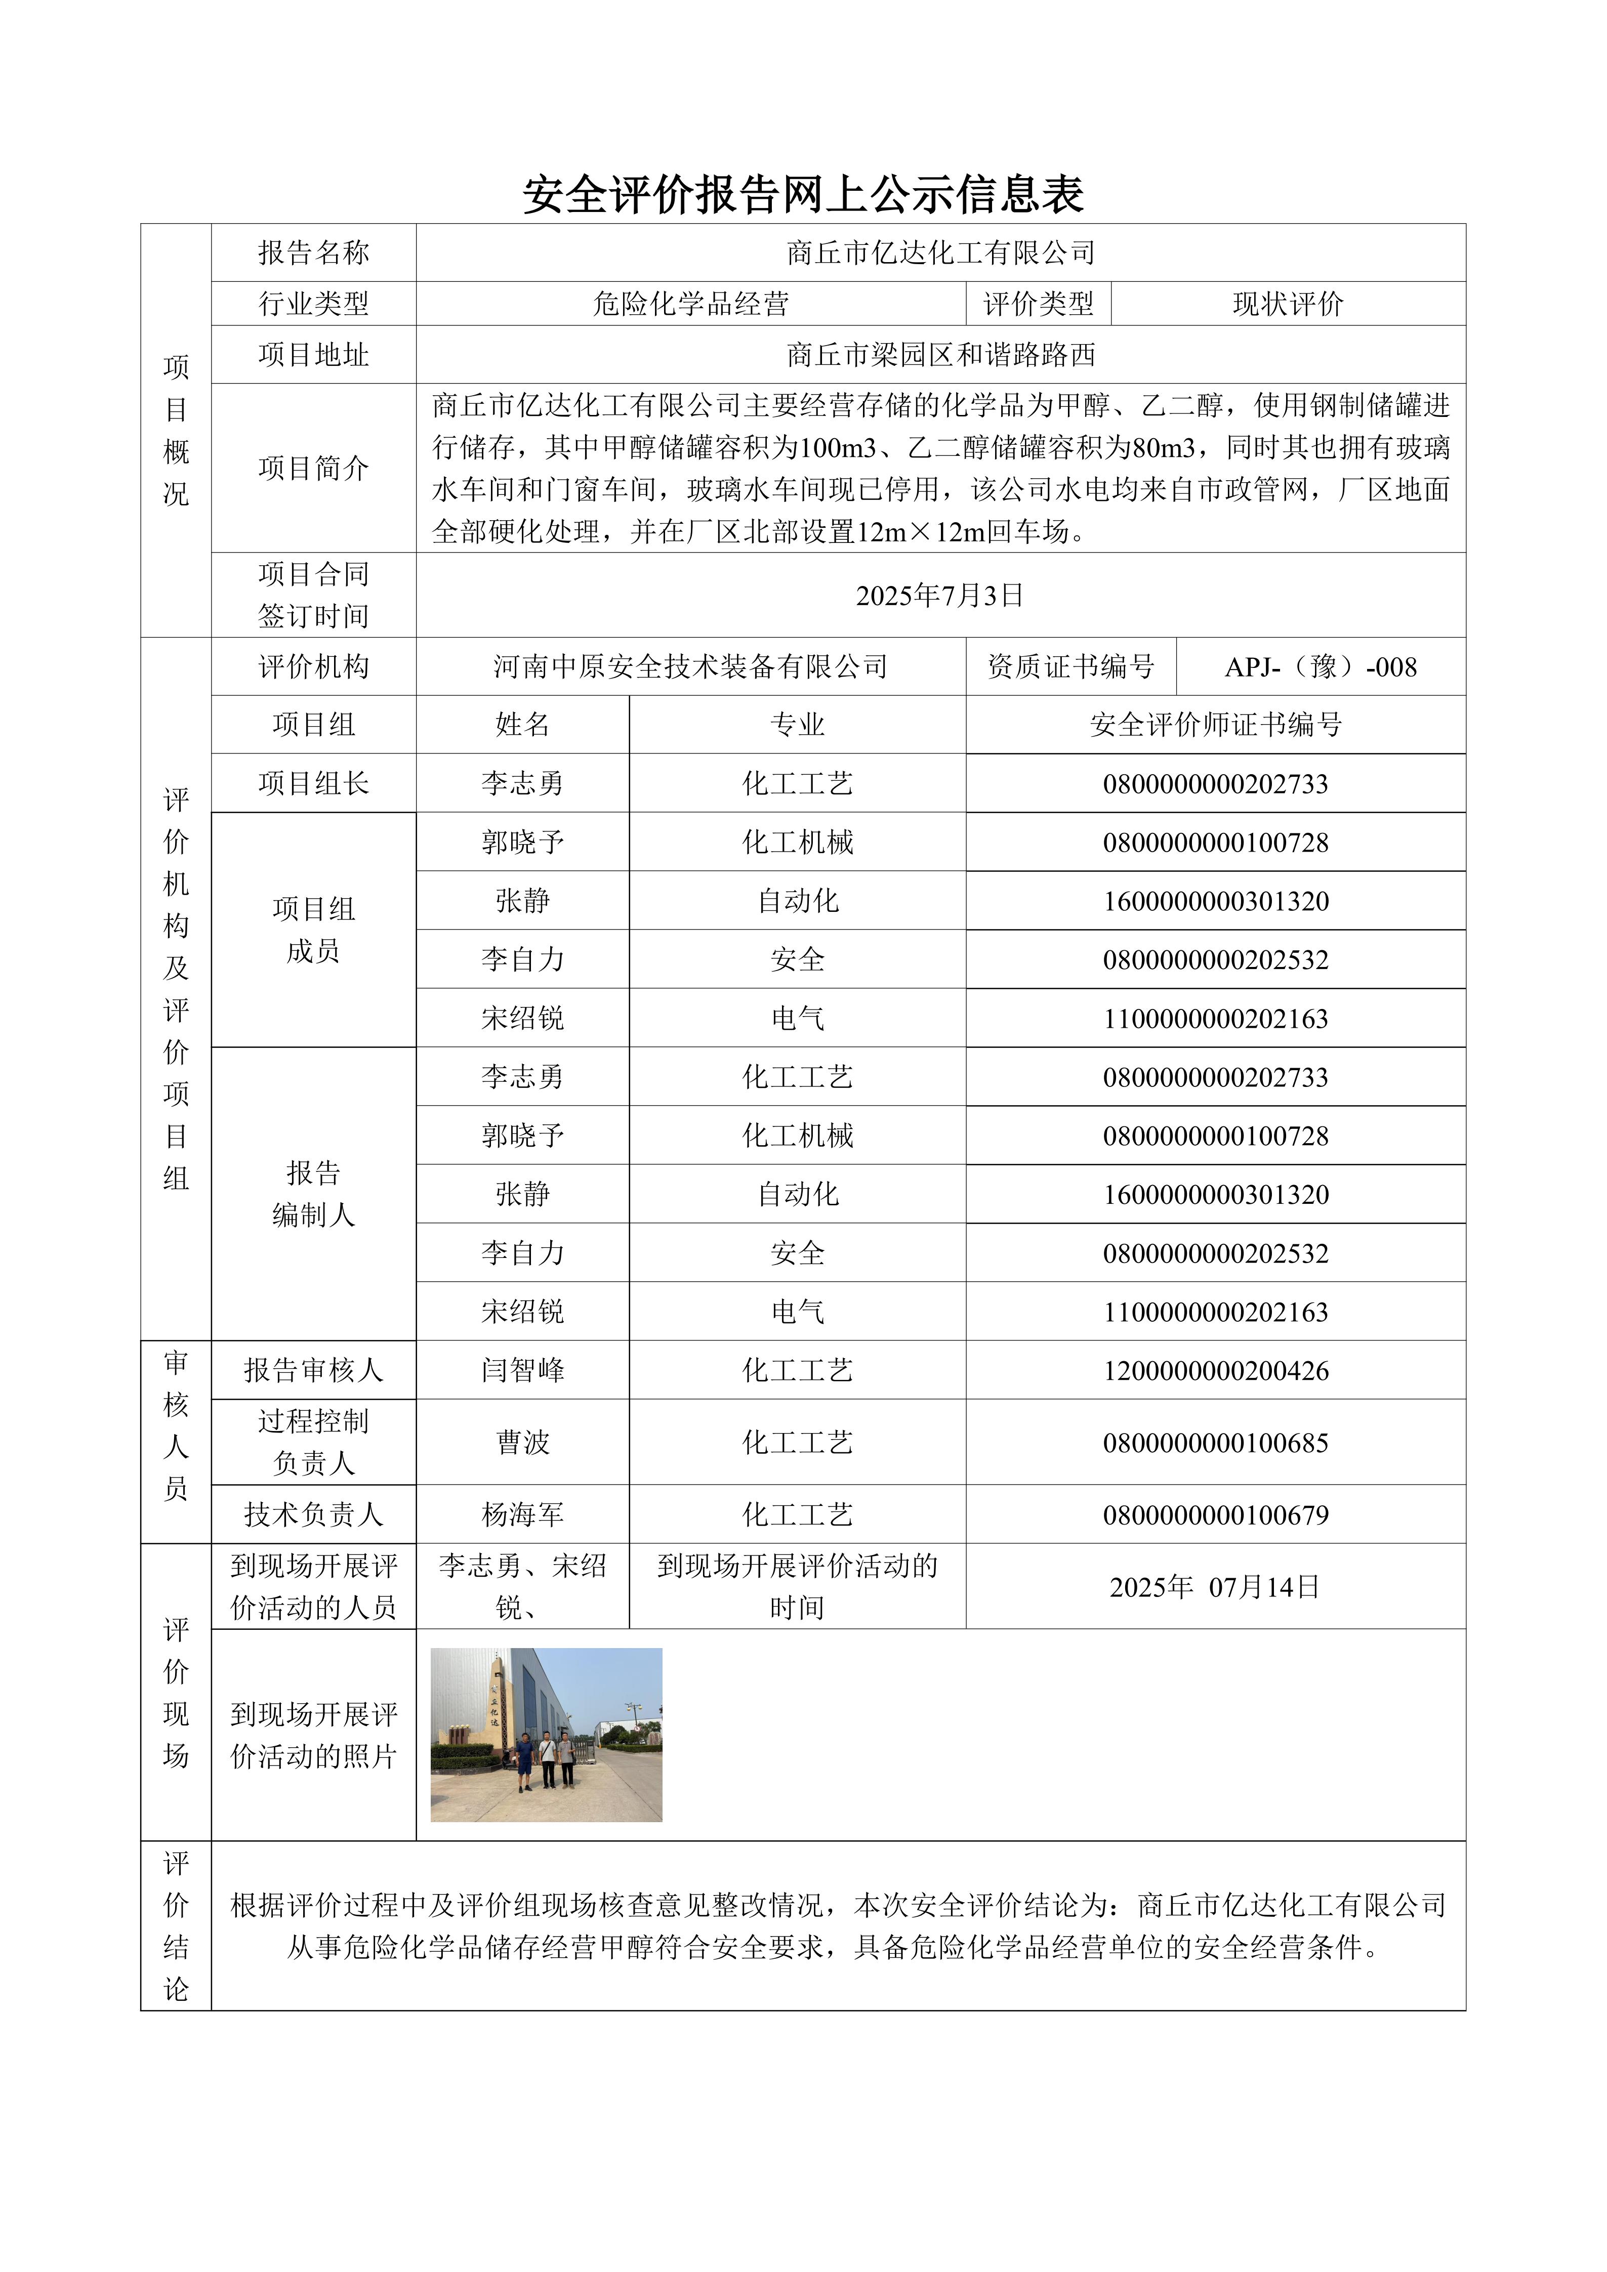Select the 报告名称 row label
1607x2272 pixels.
click(314, 254)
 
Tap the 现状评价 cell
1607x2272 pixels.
click(1288, 304)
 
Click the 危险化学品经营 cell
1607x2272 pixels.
click(691, 304)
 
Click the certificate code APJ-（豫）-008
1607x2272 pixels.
click(1320, 667)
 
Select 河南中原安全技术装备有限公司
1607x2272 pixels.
click(691, 667)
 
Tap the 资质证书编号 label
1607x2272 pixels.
click(1070, 667)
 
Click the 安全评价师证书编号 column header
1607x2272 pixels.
click(1215, 725)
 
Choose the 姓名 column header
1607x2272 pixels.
click(522, 725)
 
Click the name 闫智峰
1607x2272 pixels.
click(522, 1370)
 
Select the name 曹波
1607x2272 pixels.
click(522, 1443)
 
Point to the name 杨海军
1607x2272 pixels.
click(522, 1515)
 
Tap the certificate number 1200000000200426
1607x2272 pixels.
click(1215, 1370)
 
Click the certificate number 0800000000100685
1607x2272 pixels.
click(1215, 1443)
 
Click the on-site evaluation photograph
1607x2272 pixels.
click(546, 1735)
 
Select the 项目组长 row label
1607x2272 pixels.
click(314, 784)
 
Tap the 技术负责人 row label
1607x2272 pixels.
click(314, 1515)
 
